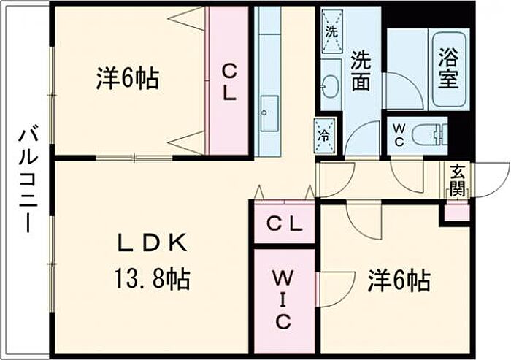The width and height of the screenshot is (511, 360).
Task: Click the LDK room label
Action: click(152, 243)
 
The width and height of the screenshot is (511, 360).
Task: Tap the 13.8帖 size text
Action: click(152, 280)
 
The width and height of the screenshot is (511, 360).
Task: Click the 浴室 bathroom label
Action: click(448, 68)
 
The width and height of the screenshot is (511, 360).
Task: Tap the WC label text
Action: click(399, 135)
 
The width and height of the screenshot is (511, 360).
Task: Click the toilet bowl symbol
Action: click(429, 135)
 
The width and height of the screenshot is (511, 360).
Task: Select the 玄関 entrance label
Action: click(457, 180)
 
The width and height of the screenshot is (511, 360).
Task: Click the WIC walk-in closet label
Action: click(283, 299)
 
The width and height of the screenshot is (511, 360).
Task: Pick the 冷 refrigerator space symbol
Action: click(325, 135)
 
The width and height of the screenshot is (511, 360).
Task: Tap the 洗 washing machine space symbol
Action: click(332, 31)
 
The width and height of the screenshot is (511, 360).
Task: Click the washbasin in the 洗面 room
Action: click(331, 85)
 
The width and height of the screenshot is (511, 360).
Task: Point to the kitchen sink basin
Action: click(269, 113)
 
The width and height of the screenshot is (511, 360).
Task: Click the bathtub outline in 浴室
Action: click(449, 69)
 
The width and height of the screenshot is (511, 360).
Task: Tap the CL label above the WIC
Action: click(284, 223)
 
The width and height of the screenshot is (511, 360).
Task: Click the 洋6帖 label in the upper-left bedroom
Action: click(128, 79)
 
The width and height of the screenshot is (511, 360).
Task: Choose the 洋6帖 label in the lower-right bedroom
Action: click(399, 280)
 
